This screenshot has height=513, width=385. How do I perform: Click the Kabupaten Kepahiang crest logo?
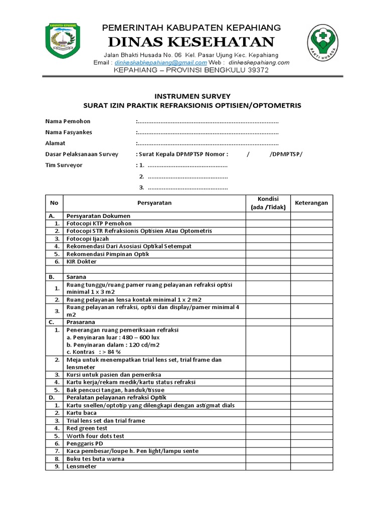[x=66, y=41]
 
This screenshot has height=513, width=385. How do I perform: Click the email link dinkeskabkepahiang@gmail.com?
[x=160, y=63]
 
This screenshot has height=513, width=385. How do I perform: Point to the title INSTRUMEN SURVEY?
[x=192, y=96]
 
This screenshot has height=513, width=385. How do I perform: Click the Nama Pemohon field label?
[x=68, y=121]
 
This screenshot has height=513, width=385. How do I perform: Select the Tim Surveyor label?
[x=64, y=165]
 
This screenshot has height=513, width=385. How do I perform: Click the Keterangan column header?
[x=311, y=203]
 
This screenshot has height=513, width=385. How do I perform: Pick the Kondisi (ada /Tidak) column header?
[x=268, y=203]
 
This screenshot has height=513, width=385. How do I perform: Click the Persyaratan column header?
[x=154, y=203]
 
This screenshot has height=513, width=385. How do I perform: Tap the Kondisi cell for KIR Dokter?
[x=268, y=262]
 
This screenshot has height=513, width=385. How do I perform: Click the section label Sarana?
[x=76, y=277]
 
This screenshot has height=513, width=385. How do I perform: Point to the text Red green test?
[x=87, y=428]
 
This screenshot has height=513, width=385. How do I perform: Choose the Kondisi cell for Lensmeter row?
[x=268, y=466]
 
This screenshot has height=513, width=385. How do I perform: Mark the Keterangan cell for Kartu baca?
[x=311, y=413]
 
